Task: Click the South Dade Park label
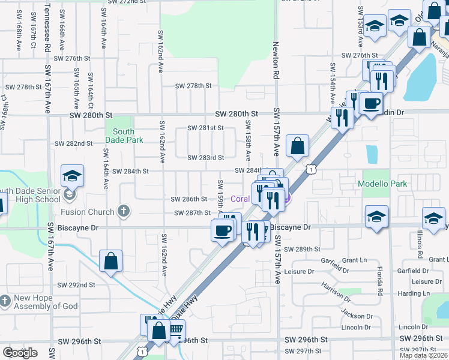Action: (x=123, y=136)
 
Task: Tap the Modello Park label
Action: (x=382, y=184)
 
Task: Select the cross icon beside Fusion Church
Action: (x=123, y=211)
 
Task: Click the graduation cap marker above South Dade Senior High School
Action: (x=72, y=176)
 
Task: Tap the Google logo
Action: (x=20, y=353)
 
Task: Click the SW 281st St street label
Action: (x=205, y=128)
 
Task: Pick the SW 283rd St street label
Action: (x=205, y=158)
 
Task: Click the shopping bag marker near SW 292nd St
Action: (x=111, y=262)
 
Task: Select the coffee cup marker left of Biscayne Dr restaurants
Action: (x=222, y=230)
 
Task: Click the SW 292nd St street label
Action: (x=76, y=285)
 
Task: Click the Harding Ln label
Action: (x=427, y=293)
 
